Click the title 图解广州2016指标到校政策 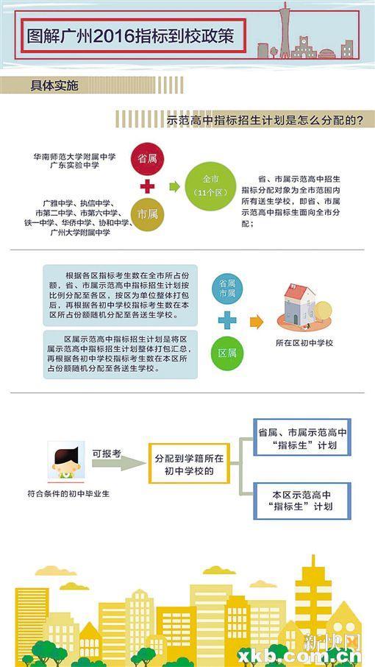point(130,36)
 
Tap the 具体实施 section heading point(54,85)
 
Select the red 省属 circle point(147,159)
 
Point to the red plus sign point(147,186)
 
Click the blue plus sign point(227,320)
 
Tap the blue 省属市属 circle point(228,288)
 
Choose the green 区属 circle point(228,353)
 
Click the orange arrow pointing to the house point(257,322)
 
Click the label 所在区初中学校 point(304,343)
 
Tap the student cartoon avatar point(66,462)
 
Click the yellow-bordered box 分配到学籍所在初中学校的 point(189,463)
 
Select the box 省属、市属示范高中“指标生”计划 point(302,437)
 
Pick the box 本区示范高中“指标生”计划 point(302,501)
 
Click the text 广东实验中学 point(75,165)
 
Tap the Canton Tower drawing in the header point(285,29)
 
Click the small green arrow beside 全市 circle point(174,186)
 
